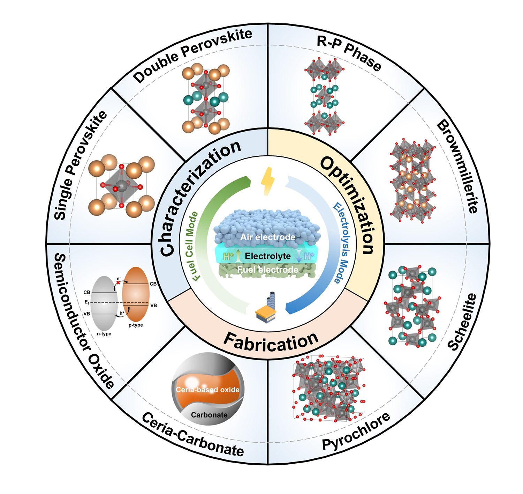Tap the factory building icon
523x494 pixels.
[x=266, y=308]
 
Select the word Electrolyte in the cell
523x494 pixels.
[x=268, y=256]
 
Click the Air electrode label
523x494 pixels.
[x=267, y=237]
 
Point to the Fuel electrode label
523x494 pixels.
[x=267, y=270]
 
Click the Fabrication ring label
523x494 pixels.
[x=271, y=342]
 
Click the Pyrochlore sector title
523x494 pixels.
[x=356, y=432]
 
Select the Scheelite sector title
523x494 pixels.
[x=462, y=322]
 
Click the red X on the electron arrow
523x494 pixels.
[x=118, y=282]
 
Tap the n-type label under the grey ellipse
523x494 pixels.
[x=104, y=334]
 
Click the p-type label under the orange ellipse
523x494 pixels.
[x=136, y=325]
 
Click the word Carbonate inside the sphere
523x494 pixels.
[x=209, y=415]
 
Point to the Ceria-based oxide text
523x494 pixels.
[x=208, y=390]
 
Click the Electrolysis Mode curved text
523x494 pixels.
[x=341, y=243]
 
